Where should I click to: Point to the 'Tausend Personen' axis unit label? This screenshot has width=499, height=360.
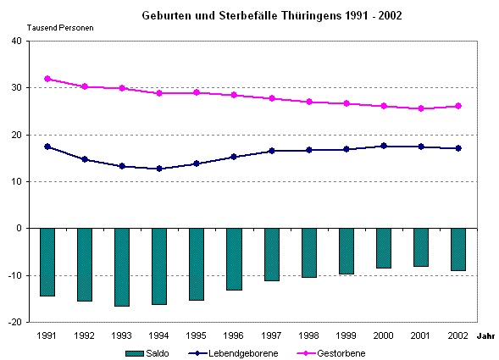[60, 28]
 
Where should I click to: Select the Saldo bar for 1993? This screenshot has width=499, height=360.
[121, 267]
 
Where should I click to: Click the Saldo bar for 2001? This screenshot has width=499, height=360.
[420, 247]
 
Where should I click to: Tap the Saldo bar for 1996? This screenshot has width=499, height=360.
[233, 259]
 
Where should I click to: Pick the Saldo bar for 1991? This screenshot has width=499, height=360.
[47, 262]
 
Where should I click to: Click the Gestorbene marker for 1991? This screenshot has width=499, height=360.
[47, 79]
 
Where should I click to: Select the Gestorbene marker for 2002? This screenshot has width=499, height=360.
[458, 106]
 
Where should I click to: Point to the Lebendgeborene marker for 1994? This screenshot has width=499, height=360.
[159, 169]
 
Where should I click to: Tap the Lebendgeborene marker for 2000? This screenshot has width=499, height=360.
[384, 146]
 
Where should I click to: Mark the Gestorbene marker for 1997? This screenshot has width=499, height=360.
[271, 98]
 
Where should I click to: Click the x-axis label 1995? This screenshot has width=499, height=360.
[197, 335]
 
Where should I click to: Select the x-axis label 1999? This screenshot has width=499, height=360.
[346, 335]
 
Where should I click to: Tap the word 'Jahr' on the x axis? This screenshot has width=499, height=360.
[485, 336]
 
